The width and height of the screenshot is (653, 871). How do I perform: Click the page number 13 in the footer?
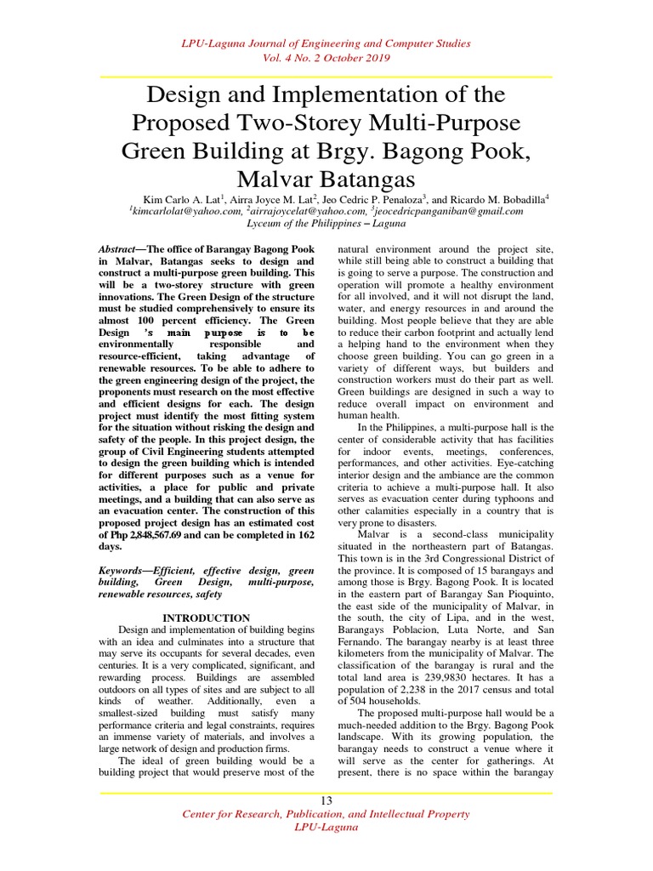326,801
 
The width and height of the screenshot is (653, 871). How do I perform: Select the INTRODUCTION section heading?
206,618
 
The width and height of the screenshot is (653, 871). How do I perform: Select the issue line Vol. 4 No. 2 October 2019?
326,58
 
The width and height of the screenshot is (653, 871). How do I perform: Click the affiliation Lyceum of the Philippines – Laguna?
326,223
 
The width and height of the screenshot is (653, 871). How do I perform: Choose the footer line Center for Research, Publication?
326,815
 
